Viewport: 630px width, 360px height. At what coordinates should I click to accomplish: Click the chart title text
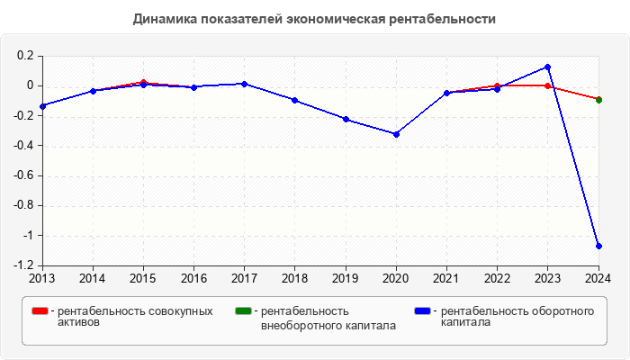tap(314, 18)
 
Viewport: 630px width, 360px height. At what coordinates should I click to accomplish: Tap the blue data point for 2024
tap(598, 246)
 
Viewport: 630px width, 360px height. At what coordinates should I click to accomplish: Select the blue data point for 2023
tap(547, 67)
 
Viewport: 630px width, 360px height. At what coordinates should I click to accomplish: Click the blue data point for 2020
tap(396, 134)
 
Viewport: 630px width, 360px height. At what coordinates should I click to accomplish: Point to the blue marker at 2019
tap(346, 119)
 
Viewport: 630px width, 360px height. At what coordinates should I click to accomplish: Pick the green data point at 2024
tap(598, 99)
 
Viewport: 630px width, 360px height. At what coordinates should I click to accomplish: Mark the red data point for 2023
tap(547, 85)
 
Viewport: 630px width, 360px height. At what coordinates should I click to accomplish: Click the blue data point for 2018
tap(295, 100)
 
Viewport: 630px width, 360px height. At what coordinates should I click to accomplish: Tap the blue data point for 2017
tap(245, 84)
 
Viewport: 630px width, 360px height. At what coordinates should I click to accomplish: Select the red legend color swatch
tap(40, 311)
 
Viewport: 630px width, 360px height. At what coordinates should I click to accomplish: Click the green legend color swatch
tap(242, 311)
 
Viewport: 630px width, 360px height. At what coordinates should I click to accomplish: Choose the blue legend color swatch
tap(421, 311)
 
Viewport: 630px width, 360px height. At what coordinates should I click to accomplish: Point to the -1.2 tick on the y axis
tap(23, 265)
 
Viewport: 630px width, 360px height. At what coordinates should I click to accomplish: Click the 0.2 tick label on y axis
tap(25, 56)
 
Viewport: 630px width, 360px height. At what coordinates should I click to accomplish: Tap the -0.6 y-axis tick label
tap(23, 175)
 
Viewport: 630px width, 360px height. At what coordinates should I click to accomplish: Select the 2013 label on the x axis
tap(42, 277)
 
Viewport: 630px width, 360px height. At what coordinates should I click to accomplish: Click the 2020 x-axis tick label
tap(396, 277)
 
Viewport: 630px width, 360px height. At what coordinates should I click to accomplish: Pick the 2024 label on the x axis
tap(598, 277)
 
